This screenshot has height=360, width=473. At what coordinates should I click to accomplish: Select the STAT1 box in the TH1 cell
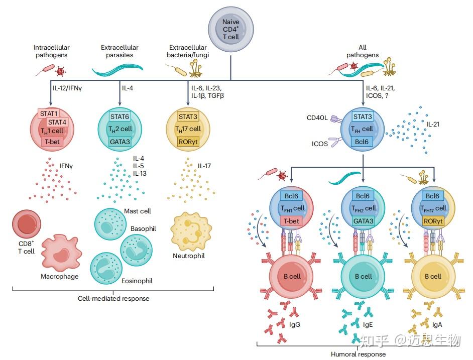click(x=49, y=113)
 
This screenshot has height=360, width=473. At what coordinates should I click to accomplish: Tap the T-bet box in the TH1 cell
click(x=52, y=142)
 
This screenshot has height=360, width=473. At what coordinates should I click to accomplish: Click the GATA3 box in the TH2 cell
click(x=120, y=142)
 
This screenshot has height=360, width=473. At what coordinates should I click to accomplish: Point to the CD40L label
click(x=317, y=119)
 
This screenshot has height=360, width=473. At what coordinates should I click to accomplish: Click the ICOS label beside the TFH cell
click(x=320, y=144)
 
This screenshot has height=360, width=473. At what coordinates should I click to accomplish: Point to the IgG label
click(x=295, y=324)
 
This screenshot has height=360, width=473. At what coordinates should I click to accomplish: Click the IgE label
click(x=368, y=324)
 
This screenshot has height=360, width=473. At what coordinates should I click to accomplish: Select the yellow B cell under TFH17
click(x=432, y=276)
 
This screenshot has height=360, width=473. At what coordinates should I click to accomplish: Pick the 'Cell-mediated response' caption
click(x=113, y=299)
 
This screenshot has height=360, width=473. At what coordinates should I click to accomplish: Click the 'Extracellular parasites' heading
click(x=119, y=51)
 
